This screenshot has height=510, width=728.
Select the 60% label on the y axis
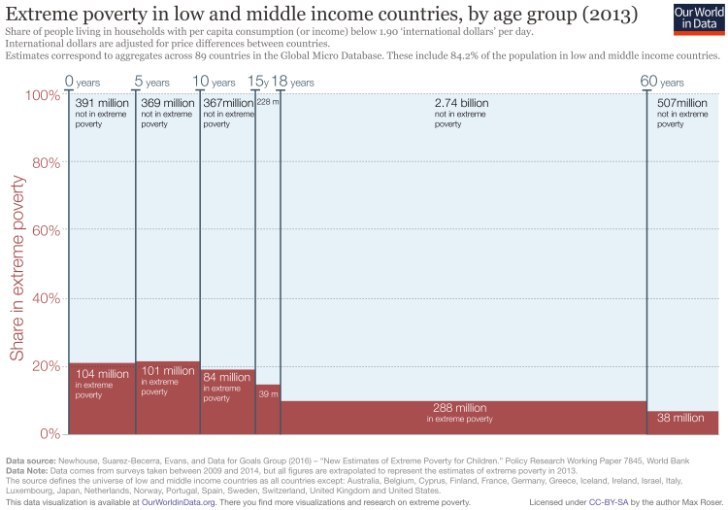(x=44, y=229)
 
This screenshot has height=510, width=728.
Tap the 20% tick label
(x=44, y=365)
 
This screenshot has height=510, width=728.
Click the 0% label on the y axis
(x=48, y=433)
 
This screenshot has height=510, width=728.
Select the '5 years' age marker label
(x=151, y=81)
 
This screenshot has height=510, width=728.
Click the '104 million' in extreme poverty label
(x=101, y=374)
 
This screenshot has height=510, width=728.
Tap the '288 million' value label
(x=460, y=408)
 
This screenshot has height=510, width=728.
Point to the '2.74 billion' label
(x=461, y=103)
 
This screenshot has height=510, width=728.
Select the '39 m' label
(x=267, y=394)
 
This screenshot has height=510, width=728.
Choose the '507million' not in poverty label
(x=682, y=103)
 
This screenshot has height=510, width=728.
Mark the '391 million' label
(x=101, y=103)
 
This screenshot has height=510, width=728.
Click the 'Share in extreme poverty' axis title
(x=17, y=262)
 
